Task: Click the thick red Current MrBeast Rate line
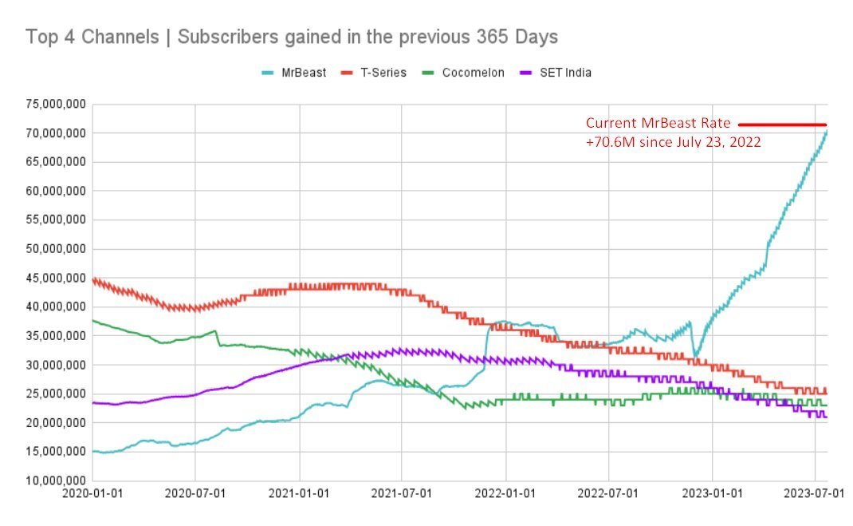[782, 125]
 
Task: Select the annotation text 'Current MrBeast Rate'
[658, 124]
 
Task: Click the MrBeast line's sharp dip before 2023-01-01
[696, 355]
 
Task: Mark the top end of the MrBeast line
[827, 131]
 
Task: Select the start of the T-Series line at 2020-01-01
[94, 279]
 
